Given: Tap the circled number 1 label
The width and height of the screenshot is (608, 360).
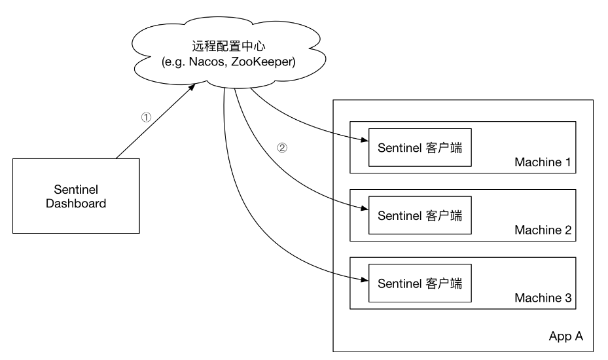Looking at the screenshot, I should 147,118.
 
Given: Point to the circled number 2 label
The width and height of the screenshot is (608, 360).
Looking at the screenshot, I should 282,147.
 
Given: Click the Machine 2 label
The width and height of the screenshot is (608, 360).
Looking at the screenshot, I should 543,230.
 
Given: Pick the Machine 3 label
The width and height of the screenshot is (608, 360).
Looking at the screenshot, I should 543,298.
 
